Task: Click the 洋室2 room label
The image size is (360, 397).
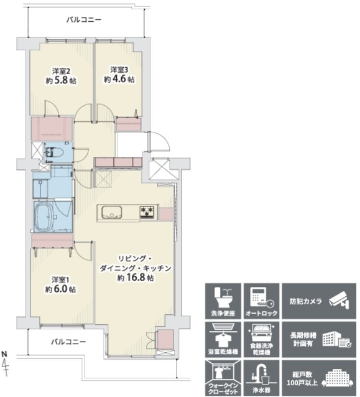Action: [61, 70]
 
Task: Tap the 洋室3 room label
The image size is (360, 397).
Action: [119, 70]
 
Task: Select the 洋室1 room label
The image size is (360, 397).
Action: [60, 280]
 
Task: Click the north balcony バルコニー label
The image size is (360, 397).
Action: [84, 20]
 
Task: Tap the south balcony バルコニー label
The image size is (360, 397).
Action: [68, 342]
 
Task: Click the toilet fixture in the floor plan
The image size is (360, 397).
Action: [53, 152]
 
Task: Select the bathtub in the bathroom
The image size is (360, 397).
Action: [44, 217]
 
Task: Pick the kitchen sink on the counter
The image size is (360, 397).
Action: [111, 212]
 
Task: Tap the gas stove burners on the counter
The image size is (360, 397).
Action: [147, 212]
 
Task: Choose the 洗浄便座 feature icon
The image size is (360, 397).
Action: [223, 301]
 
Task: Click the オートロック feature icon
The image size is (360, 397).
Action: [261, 301]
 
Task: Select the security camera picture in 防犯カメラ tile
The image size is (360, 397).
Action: [339, 301]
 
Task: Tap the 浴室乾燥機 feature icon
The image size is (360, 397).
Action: [223, 340]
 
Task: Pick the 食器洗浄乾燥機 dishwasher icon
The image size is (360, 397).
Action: [261, 340]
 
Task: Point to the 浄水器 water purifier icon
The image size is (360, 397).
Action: [261, 378]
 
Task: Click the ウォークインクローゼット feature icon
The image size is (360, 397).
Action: [223, 378]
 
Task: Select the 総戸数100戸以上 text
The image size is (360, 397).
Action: [302, 378]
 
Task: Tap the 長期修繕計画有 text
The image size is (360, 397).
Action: [303, 340]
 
